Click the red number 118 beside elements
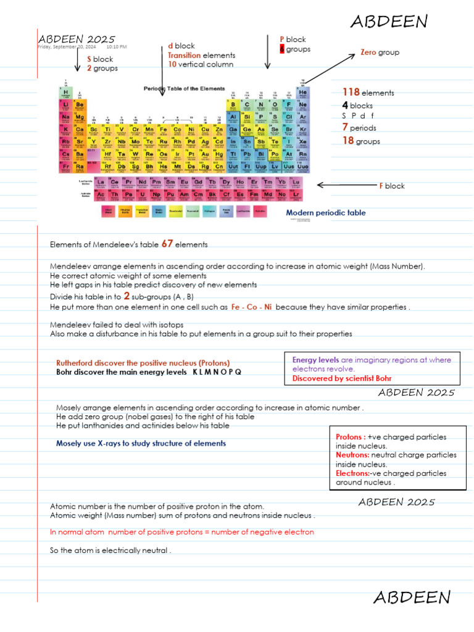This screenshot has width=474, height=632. (x=351, y=93)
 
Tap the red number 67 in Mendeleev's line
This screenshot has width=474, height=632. (x=167, y=244)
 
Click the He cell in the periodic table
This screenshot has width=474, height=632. (x=302, y=93)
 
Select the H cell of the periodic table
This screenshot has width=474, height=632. (x=66, y=93)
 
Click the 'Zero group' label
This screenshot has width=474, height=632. (x=380, y=52)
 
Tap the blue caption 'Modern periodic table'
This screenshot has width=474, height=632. (x=325, y=213)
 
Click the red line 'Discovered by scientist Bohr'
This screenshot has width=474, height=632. (x=341, y=378)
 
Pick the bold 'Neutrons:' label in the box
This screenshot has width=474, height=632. (x=352, y=455)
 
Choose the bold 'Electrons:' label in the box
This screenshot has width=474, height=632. (x=352, y=473)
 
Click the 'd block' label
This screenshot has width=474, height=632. (x=181, y=46)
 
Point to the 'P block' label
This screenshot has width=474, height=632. (x=293, y=39)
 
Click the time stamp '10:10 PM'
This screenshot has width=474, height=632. (x=117, y=47)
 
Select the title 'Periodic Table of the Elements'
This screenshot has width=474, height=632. (x=184, y=88)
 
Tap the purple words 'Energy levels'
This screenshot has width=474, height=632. (x=315, y=360)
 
